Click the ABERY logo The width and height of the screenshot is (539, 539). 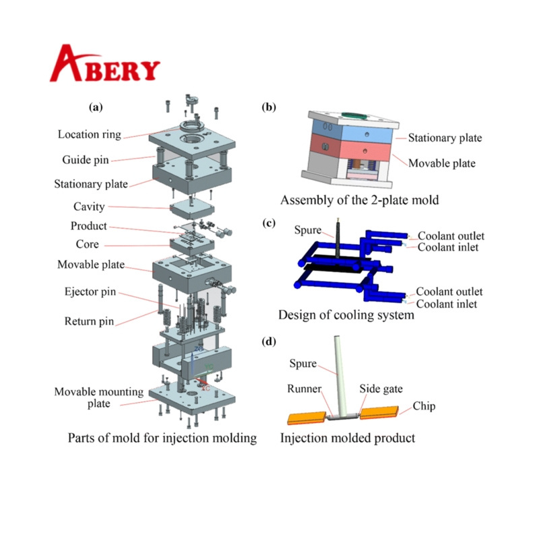pyautogui.click(x=105, y=65)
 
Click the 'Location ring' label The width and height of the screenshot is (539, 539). pyautogui.click(x=90, y=134)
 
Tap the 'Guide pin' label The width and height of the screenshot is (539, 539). pyautogui.click(x=86, y=160)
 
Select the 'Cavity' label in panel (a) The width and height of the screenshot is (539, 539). pyautogui.click(x=89, y=206)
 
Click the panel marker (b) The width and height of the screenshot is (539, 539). pyautogui.click(x=269, y=107)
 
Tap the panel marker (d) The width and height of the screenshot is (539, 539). pyautogui.click(x=269, y=342)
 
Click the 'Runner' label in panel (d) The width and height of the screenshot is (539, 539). pyautogui.click(x=302, y=389)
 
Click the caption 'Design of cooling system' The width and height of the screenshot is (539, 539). pyautogui.click(x=346, y=315)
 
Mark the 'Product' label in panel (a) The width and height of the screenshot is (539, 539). pyautogui.click(x=89, y=226)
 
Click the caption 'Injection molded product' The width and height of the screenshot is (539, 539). pyautogui.click(x=348, y=438)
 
